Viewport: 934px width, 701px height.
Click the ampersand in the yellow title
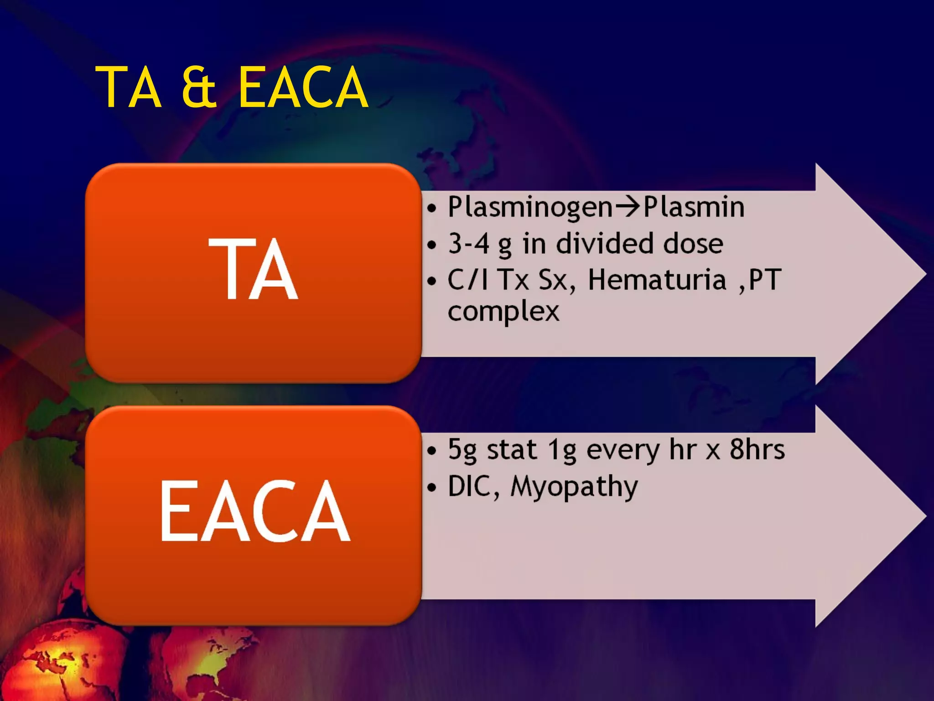point(199,87)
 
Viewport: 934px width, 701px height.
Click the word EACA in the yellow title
point(303,87)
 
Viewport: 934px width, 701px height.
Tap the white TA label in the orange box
point(254,270)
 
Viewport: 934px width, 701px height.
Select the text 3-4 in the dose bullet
point(468,243)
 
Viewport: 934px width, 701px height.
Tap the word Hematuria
point(657,279)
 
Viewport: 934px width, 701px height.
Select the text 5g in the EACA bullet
point(462,450)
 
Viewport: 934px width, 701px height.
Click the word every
point(623,450)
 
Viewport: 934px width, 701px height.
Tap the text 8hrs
point(757,450)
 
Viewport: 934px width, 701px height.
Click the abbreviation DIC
point(472,486)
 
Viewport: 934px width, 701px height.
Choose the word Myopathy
point(574,487)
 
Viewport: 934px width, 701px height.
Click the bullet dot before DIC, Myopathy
point(432,487)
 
